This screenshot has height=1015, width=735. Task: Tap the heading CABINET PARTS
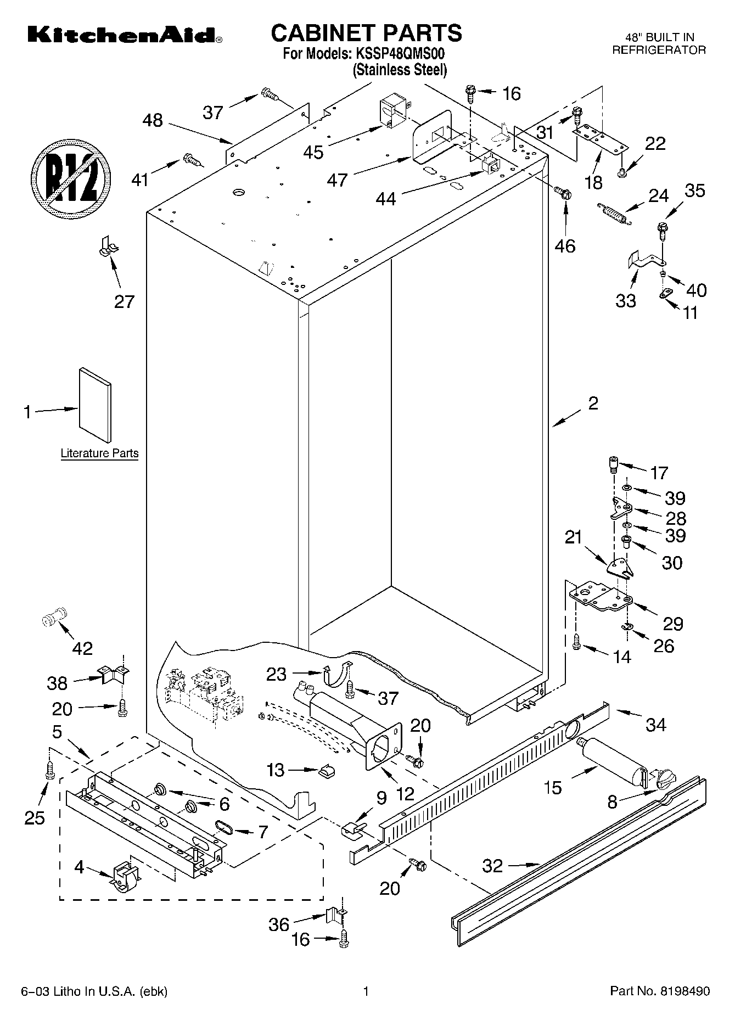(367, 33)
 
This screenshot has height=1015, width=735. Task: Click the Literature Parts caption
(99, 453)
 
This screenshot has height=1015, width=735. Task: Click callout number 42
(82, 648)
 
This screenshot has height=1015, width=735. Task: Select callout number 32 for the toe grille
(492, 866)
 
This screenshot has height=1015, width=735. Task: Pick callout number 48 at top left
(153, 120)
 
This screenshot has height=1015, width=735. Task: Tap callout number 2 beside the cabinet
(593, 403)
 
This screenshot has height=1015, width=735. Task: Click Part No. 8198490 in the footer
(660, 991)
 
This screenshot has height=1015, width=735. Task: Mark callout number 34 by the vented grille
(655, 725)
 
